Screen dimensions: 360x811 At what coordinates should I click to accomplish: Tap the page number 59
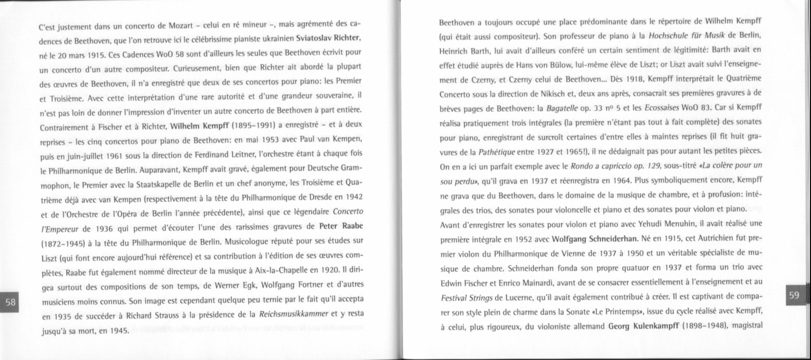click(x=795, y=295)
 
